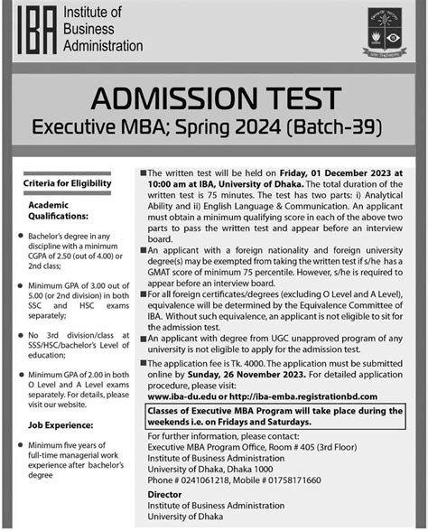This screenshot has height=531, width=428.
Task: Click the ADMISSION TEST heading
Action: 214,98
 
